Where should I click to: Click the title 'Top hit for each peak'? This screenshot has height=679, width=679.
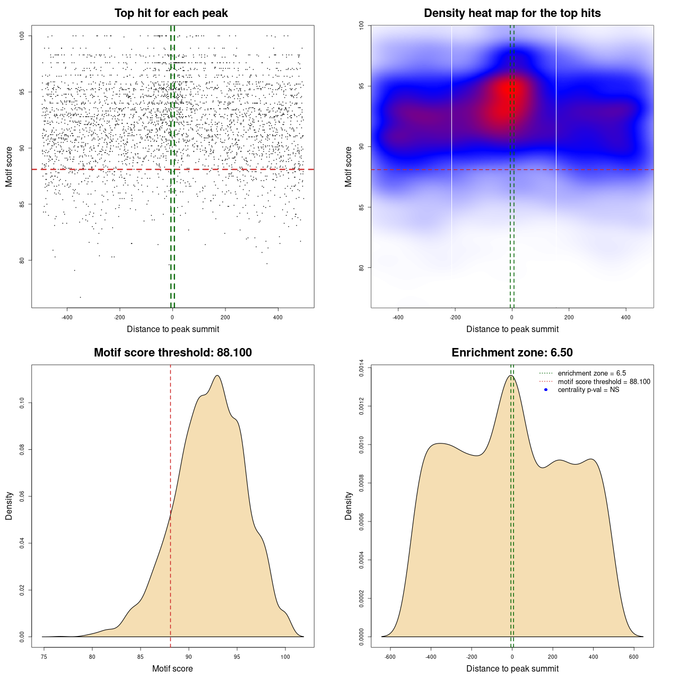pyautogui.click(x=171, y=13)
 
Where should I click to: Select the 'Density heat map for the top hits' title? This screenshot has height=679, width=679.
pyautogui.click(x=512, y=13)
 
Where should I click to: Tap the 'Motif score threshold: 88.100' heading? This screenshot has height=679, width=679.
pyautogui.click(x=172, y=353)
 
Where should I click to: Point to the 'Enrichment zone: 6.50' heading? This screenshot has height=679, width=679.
pyautogui.click(x=512, y=353)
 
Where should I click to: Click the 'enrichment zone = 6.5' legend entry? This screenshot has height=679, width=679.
pyautogui.click(x=591, y=373)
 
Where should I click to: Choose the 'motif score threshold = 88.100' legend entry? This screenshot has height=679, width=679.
pyautogui.click(x=604, y=382)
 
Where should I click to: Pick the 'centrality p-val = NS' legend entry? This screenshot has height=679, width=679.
pyautogui.click(x=588, y=390)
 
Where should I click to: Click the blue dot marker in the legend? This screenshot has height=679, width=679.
pyautogui.click(x=546, y=390)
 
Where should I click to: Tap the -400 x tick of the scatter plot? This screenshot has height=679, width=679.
pyautogui.click(x=67, y=317)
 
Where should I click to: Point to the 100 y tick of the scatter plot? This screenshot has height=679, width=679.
pyautogui.click(x=22, y=36)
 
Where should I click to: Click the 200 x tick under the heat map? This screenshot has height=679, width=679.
pyautogui.click(x=569, y=317)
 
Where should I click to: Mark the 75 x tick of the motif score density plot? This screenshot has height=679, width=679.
pyautogui.click(x=44, y=657)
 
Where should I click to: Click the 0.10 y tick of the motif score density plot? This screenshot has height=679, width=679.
pyautogui.click(x=22, y=403)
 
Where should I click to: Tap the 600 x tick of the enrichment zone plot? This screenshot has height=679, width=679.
pyautogui.click(x=634, y=657)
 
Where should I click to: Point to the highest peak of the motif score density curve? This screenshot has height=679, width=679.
pyautogui.click(x=217, y=376)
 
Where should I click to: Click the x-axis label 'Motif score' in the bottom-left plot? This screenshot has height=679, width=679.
pyautogui.click(x=172, y=668)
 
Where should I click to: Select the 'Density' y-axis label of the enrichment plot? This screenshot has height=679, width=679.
pyautogui.click(x=349, y=506)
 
